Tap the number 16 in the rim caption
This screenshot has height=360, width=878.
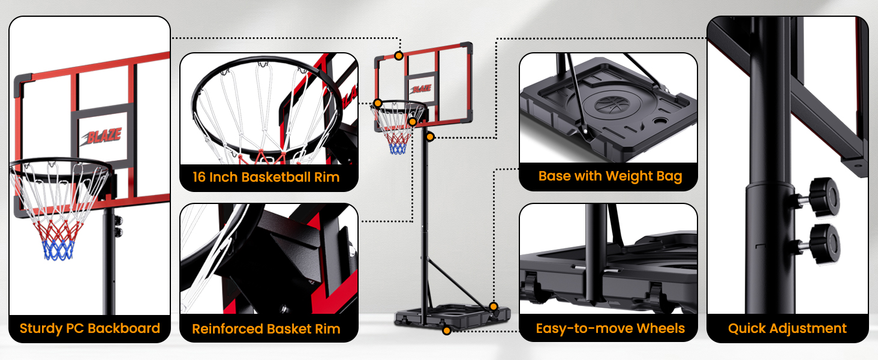point(199,177)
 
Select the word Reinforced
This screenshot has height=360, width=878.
point(227,329)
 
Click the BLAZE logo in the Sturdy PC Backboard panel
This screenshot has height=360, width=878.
point(102,136)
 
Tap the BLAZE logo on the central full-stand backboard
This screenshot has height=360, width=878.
point(421,89)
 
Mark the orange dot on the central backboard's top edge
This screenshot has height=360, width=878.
point(399,56)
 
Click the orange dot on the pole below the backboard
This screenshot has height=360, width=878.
point(430,137)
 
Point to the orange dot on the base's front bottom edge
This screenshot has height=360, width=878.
point(446,331)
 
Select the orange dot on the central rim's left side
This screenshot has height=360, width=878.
point(377,103)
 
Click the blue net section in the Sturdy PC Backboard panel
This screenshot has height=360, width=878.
point(59,250)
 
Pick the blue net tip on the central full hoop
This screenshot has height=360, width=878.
point(398,149)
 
